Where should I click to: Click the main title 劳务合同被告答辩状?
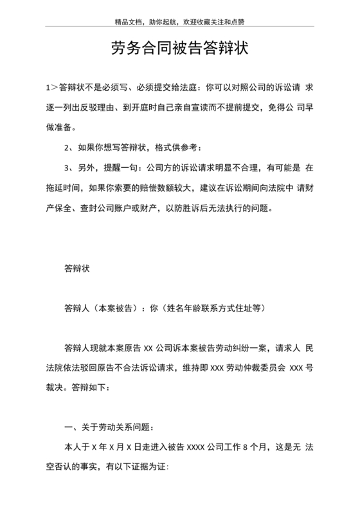point(179,49)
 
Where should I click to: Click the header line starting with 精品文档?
point(179,21)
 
